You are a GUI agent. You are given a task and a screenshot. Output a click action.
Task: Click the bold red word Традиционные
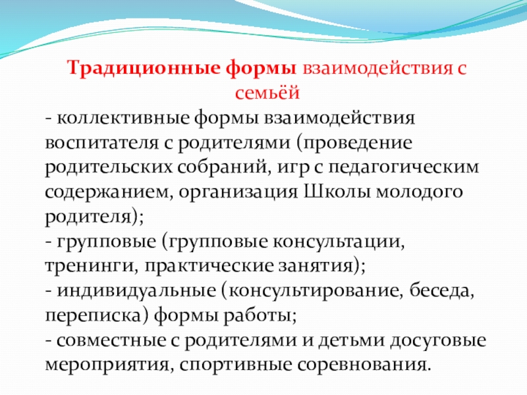coord(144,69)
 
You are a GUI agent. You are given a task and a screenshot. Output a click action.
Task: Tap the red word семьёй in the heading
coord(267,92)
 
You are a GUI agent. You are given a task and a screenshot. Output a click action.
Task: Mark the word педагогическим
coord(403,167)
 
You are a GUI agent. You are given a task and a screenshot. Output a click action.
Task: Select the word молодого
coord(419,192)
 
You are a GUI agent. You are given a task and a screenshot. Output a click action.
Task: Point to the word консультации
coord(338,242)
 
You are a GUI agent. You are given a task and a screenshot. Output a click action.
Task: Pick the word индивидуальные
coord(136,291)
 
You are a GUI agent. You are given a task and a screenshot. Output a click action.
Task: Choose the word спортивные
coord(235,365)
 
